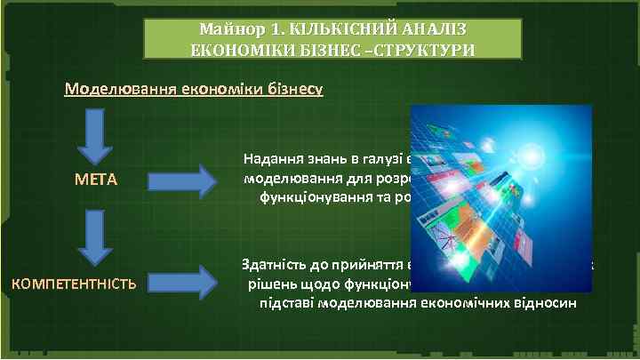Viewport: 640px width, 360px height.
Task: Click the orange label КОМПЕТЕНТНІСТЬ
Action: point(73,284)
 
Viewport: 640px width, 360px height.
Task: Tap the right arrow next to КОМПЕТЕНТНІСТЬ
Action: point(181,284)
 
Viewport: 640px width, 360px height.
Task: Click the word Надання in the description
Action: point(271,160)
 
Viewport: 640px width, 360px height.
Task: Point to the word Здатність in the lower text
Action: point(276,265)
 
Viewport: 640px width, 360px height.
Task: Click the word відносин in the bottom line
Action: point(550,303)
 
